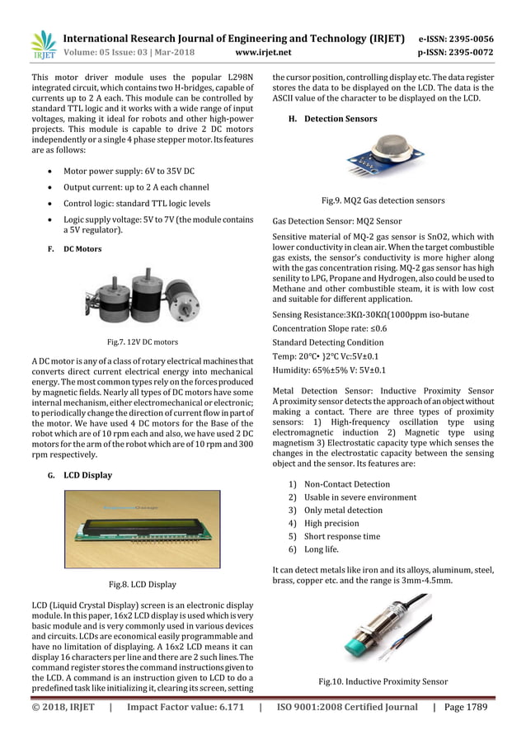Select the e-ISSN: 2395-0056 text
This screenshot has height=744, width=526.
[x=456, y=39]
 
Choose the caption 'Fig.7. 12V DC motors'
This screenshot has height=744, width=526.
[x=142, y=341]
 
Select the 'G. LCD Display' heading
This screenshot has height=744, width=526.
[x=81, y=475]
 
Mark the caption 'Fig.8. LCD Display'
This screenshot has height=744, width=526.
[x=142, y=585]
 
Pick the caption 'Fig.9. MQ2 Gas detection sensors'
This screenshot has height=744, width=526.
[x=383, y=200]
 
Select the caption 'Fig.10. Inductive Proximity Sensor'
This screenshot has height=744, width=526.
[x=383, y=682]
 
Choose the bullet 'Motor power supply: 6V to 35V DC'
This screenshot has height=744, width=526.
[x=129, y=171]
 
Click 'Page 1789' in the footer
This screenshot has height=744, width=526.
[x=465, y=708]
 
